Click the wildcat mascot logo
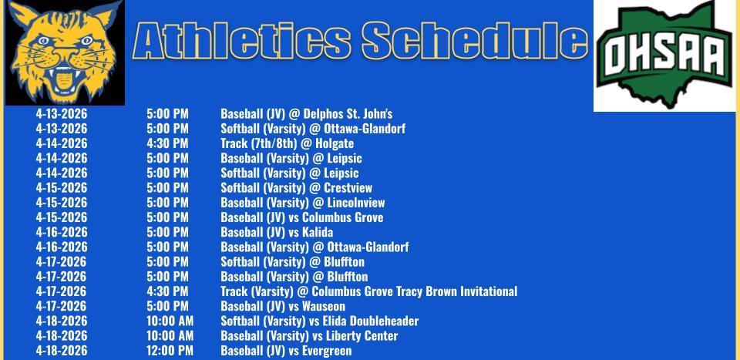(x=65, y=52)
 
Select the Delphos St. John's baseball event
(x=306, y=114)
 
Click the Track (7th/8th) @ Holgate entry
(x=287, y=143)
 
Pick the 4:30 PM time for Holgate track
(x=167, y=143)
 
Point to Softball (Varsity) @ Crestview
(x=296, y=187)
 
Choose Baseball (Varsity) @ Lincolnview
(x=302, y=203)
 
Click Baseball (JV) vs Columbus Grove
(x=301, y=217)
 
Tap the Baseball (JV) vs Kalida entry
(x=277, y=232)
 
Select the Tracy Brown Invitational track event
(x=368, y=291)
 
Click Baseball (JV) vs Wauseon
(x=283, y=306)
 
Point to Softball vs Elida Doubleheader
(x=319, y=321)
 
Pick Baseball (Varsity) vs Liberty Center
(x=309, y=336)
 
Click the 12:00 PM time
(x=170, y=351)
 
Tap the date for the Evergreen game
(x=62, y=351)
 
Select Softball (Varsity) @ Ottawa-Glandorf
(x=312, y=129)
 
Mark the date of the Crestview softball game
(x=62, y=187)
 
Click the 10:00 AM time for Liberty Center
(x=170, y=336)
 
